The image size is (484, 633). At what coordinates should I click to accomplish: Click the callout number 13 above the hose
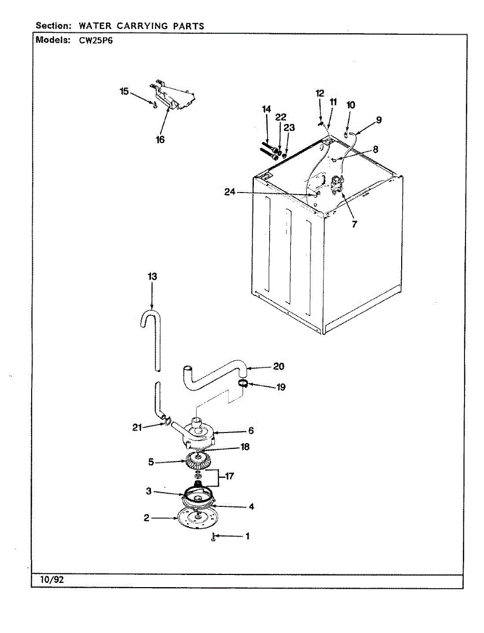tap(153, 276)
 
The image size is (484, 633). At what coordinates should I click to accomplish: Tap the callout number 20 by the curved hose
tap(279, 367)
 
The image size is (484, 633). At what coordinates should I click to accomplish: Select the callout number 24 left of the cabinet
tap(230, 193)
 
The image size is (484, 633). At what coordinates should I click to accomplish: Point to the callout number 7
tap(354, 224)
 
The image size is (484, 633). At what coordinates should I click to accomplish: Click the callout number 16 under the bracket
tap(160, 140)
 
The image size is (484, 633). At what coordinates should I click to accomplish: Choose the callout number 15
tap(124, 91)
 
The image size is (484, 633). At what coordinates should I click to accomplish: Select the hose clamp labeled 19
tap(243, 383)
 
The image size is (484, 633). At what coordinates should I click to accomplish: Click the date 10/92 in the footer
tap(52, 580)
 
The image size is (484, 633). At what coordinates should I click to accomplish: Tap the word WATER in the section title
tap(97, 25)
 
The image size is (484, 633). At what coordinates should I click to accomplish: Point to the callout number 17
tap(230, 476)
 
